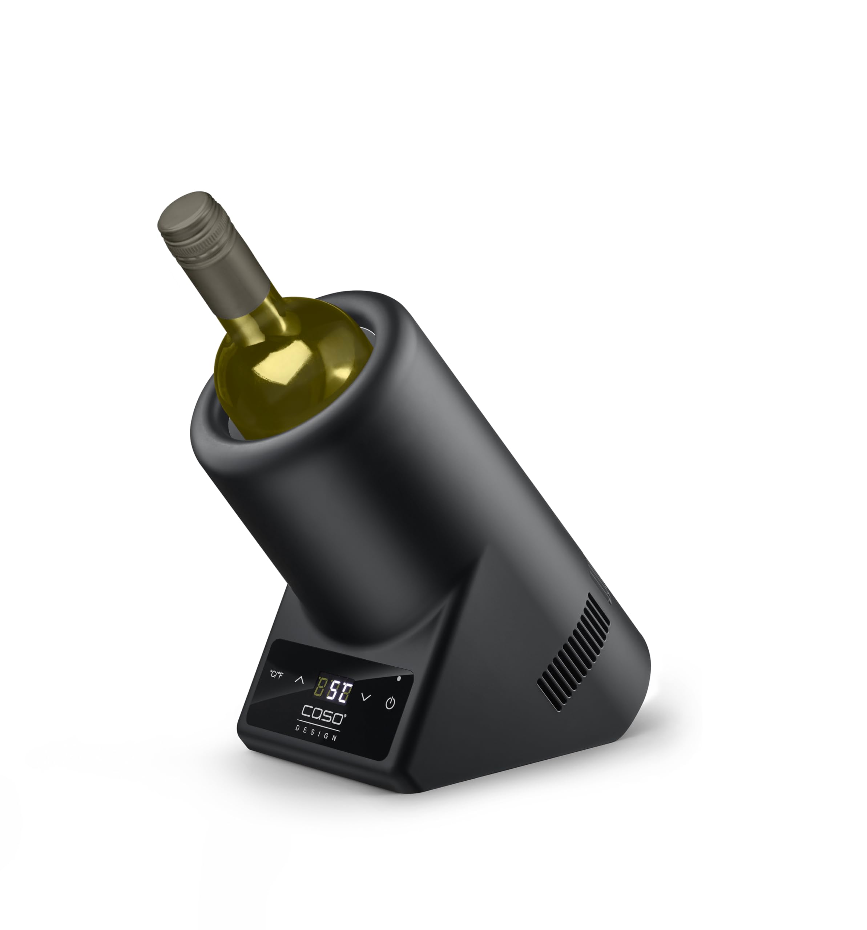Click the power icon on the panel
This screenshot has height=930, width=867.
tap(390, 703)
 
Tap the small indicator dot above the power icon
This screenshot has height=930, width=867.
tap(399, 678)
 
